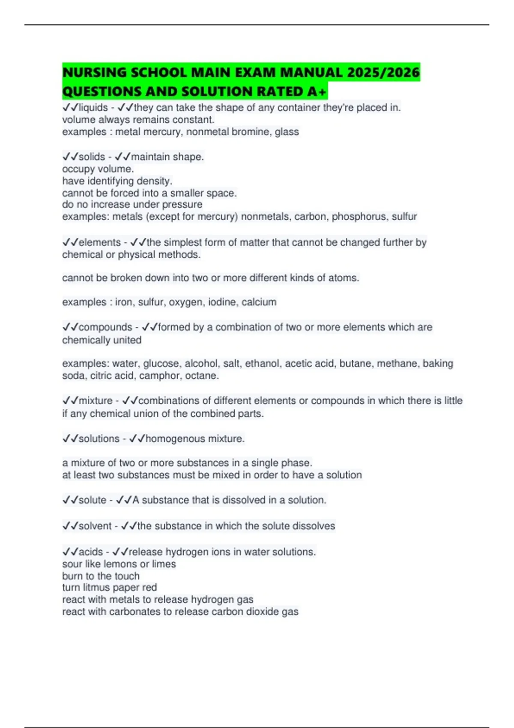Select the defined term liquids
click(93, 107)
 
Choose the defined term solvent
click(95, 526)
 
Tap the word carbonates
click(134, 612)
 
